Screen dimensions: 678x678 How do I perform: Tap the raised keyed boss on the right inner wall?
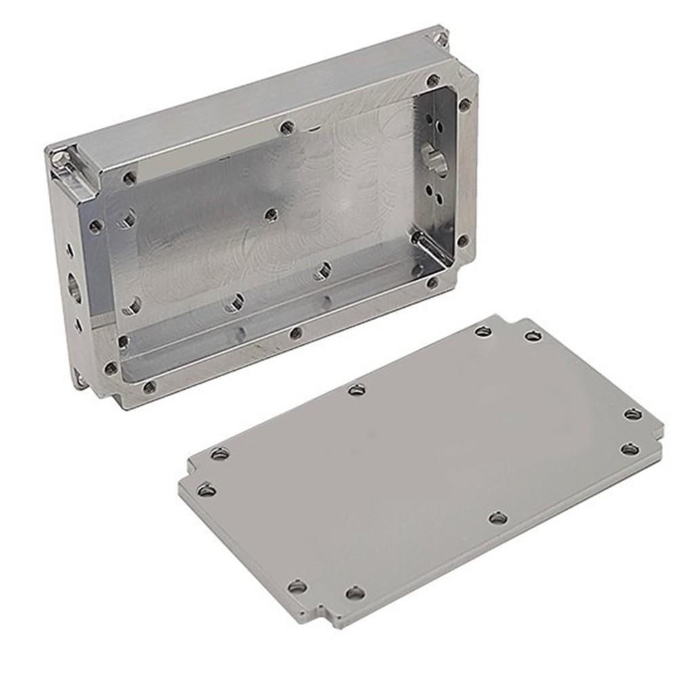tap(432, 153)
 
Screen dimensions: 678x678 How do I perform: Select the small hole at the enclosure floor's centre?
tap(271, 215)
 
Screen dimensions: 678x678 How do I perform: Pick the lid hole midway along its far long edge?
tap(357, 389)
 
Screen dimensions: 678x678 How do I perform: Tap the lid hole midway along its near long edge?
tap(498, 519)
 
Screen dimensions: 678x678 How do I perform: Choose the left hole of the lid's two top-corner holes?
tap(483, 332)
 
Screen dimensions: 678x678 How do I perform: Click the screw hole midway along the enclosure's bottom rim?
tap(295, 333)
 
